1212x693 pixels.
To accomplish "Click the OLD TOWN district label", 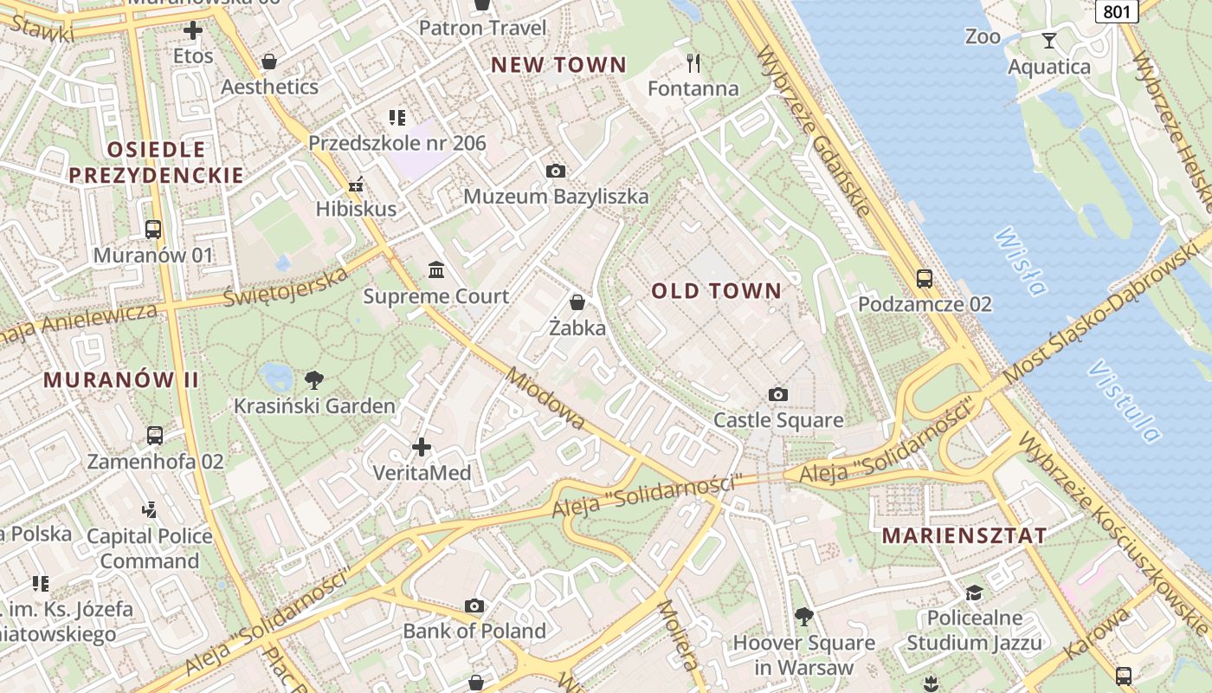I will click(716, 291).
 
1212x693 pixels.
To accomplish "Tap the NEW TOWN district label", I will click(558, 65).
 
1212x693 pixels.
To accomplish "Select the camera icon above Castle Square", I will click(778, 395).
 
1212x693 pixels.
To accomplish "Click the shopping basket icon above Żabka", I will click(577, 302).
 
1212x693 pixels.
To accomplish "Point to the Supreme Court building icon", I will click(437, 270).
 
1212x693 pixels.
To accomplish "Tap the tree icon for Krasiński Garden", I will click(314, 379).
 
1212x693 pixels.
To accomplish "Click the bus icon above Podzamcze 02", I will click(925, 279).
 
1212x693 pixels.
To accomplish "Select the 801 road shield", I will click(1116, 11).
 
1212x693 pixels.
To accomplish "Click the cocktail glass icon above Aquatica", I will click(1049, 41).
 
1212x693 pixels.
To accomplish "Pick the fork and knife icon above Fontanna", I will click(693, 62).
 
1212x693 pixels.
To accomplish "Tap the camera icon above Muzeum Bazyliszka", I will click(556, 171).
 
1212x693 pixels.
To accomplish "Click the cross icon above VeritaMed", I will click(422, 447).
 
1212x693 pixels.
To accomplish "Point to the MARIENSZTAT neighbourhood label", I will click(964, 535).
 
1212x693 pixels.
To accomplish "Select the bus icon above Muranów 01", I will click(153, 230).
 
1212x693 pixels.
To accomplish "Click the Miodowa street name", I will click(545, 399).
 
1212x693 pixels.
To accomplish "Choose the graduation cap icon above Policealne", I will click(975, 593).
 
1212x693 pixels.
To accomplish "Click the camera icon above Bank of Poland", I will click(474, 606).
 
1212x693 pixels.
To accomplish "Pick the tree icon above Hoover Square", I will click(804, 617).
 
